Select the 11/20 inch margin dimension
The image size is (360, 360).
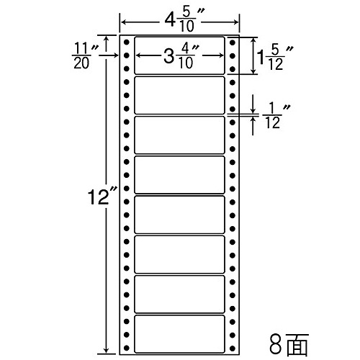(84, 55)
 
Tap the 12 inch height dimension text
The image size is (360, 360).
(102, 197)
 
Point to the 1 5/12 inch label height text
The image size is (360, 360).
(274, 57)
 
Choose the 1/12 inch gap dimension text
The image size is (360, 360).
(275, 116)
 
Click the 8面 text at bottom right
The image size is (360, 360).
(289, 344)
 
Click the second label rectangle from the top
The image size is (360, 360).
(179, 95)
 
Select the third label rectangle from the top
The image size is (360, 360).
(179, 135)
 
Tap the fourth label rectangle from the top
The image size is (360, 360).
(179, 175)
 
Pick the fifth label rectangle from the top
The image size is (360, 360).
(179, 215)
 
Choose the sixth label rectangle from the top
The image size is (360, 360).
(179, 255)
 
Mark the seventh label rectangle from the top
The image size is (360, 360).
(179, 294)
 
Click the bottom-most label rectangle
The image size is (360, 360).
(179, 334)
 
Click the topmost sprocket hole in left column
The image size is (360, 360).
(127, 42)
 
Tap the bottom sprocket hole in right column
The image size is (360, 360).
(232, 348)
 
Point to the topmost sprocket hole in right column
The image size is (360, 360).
(232, 42)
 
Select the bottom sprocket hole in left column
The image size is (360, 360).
(127, 348)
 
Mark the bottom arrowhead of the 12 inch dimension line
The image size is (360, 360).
(106, 350)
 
